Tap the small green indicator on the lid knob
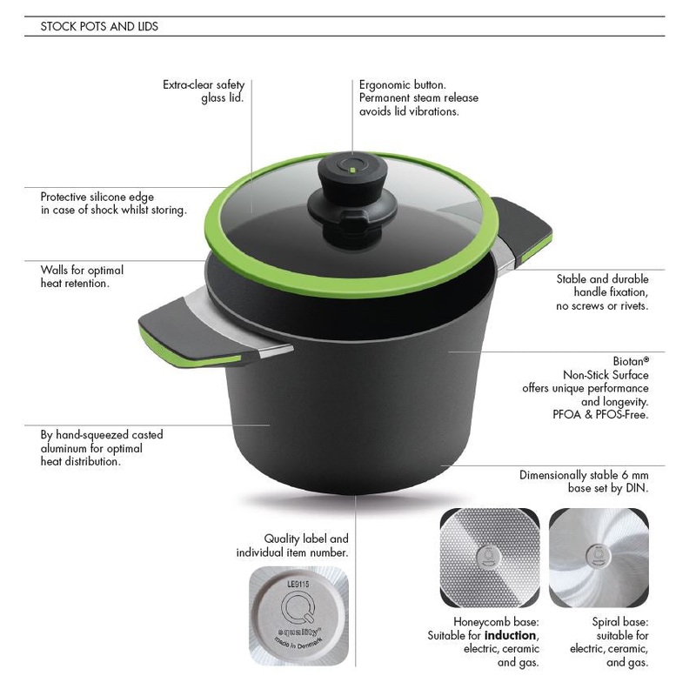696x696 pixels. [352, 170]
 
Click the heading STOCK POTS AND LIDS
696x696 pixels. [99, 27]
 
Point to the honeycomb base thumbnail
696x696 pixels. [490, 558]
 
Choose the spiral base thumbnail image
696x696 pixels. [599, 558]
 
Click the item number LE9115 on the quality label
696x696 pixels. [298, 584]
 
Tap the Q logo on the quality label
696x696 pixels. [298, 607]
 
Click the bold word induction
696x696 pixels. [510, 635]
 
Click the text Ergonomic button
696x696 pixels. [402, 84]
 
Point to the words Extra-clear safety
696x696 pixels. [204, 84]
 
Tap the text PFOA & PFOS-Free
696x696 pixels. [600, 415]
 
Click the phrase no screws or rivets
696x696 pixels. [602, 306]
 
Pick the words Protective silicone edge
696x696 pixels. [97, 197]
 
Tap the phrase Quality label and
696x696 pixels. [306, 539]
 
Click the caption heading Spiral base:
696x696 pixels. [620, 622]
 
